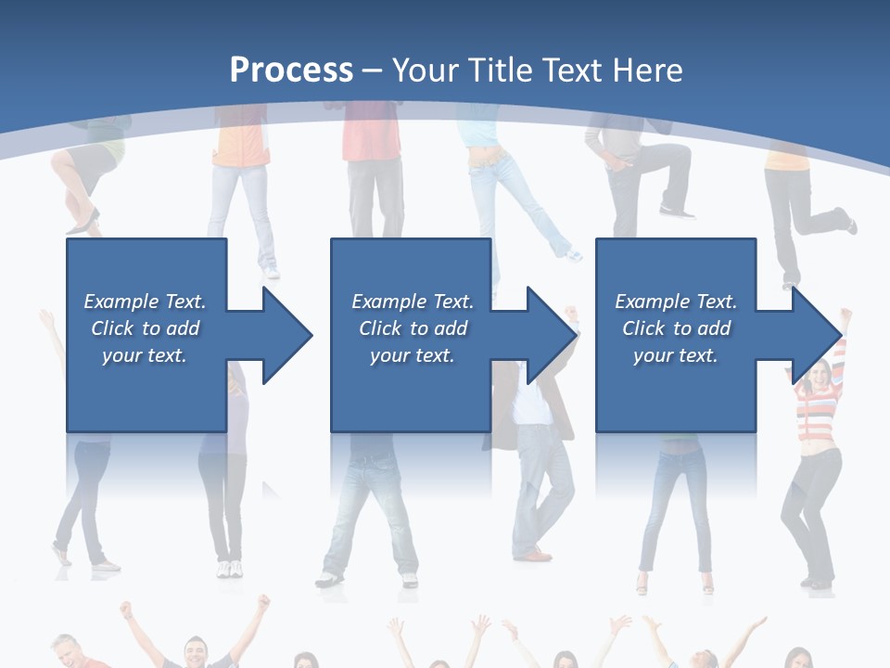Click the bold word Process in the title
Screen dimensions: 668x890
tap(291, 71)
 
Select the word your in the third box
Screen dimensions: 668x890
tap(654, 355)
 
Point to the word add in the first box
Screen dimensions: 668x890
tap(183, 328)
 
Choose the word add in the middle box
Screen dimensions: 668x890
tap(451, 328)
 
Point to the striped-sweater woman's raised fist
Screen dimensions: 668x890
tap(845, 315)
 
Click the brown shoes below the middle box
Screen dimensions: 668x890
tap(535, 555)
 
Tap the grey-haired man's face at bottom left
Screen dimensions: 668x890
tap(67, 651)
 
